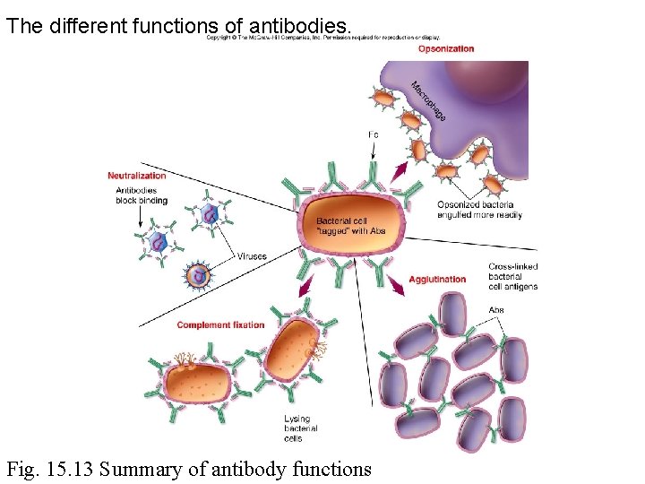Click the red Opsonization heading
pos(445,48)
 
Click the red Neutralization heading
pos(137,176)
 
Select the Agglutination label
pos(437,280)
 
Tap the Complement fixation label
pos(220,324)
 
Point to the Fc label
pos(374,135)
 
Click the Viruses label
pos(252,256)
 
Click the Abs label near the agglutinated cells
pos(496,310)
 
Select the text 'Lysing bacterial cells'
pos(300,428)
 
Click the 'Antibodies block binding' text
pos(136,195)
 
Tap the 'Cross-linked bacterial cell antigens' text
pos(513,276)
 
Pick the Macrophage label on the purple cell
pos(428,101)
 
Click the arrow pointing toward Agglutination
pos(397,285)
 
